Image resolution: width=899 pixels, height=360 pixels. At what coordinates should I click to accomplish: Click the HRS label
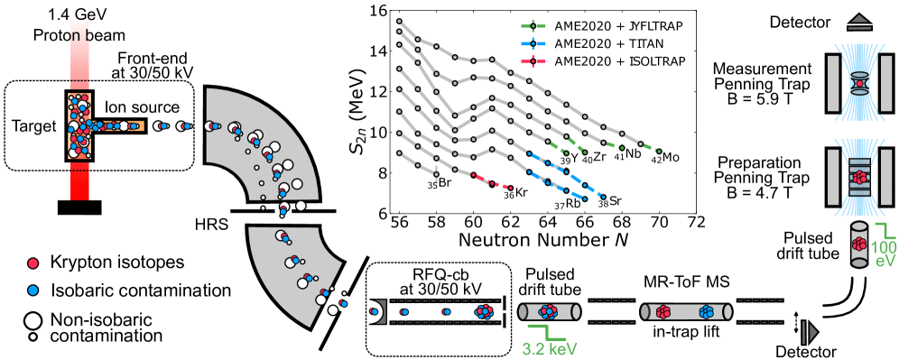[x=212, y=223]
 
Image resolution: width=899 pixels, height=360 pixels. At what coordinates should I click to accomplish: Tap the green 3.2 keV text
[x=549, y=348]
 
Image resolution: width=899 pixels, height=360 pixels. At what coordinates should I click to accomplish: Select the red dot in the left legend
[x=33, y=263]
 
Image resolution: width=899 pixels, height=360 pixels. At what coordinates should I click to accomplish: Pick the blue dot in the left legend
[x=33, y=291]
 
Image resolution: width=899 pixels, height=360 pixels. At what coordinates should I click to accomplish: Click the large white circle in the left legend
[x=33, y=320]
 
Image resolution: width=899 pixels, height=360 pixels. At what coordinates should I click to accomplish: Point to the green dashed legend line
[x=533, y=26]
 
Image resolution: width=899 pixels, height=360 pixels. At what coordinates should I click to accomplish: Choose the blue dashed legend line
[x=533, y=43]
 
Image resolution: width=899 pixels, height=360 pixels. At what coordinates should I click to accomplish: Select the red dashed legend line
[x=533, y=61]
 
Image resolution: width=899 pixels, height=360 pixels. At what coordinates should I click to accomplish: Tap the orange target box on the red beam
[x=79, y=126]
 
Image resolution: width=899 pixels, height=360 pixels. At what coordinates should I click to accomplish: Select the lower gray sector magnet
[x=289, y=271]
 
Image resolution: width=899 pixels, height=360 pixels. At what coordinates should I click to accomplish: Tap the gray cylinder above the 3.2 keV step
[x=548, y=311]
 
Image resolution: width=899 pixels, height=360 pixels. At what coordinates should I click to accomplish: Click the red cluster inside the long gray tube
[x=663, y=311]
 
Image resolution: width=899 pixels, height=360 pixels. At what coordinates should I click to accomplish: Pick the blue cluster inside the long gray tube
[x=707, y=311]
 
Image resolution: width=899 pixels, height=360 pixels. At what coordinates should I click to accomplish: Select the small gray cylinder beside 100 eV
[x=860, y=245]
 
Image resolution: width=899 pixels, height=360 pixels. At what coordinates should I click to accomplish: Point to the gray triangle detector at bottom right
[x=811, y=333]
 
